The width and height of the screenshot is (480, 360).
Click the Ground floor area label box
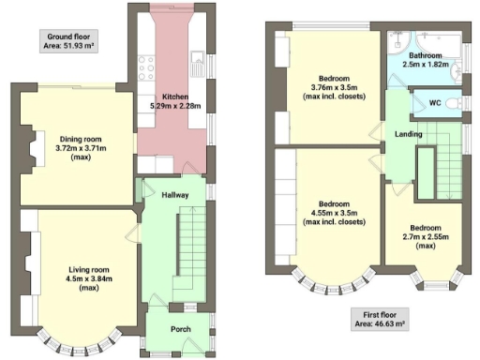(x=70, y=43)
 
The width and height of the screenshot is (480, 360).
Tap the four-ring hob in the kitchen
(x=146, y=68)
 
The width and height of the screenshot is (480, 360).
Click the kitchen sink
(x=198, y=64)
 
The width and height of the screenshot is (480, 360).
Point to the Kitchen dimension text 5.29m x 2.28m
(x=174, y=106)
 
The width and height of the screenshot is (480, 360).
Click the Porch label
(x=180, y=329)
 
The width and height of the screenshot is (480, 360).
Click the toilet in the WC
(x=453, y=102)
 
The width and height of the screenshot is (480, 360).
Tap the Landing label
(x=409, y=135)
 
